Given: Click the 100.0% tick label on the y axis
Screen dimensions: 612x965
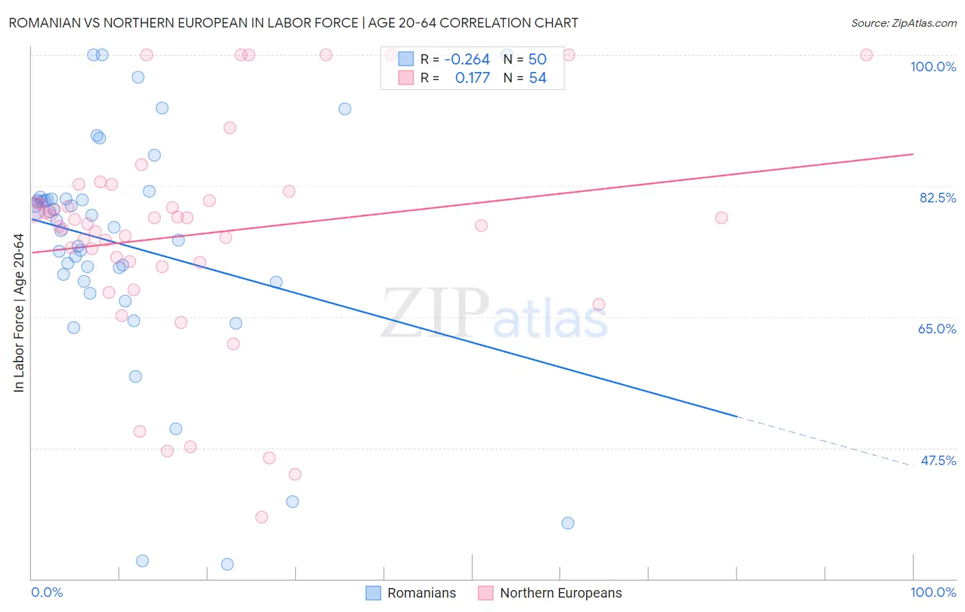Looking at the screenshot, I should (x=933, y=67).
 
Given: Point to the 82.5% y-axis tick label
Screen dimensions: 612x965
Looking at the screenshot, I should (x=938, y=198).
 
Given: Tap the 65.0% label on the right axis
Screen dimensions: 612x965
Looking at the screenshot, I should (x=937, y=329).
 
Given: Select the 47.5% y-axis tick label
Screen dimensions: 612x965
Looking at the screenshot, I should (x=938, y=460).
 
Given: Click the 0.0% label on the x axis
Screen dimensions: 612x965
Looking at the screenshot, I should (x=47, y=592).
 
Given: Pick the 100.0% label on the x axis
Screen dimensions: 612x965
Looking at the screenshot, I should (x=933, y=592).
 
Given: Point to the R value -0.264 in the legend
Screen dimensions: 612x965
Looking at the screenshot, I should (x=467, y=60).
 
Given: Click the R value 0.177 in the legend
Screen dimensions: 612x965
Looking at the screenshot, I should (x=472, y=78).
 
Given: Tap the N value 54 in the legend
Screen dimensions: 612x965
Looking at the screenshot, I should (x=537, y=78).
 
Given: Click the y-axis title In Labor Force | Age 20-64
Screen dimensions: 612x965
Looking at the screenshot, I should (x=19, y=313).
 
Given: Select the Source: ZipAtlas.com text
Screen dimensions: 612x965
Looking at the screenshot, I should (x=903, y=23).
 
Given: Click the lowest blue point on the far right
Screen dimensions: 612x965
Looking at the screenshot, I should (x=568, y=523).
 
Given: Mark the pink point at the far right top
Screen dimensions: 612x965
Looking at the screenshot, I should (x=866, y=55).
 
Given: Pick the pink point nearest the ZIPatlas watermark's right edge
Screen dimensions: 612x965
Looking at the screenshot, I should (x=598, y=304).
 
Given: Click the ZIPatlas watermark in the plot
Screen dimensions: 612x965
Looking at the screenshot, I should (x=494, y=314).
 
